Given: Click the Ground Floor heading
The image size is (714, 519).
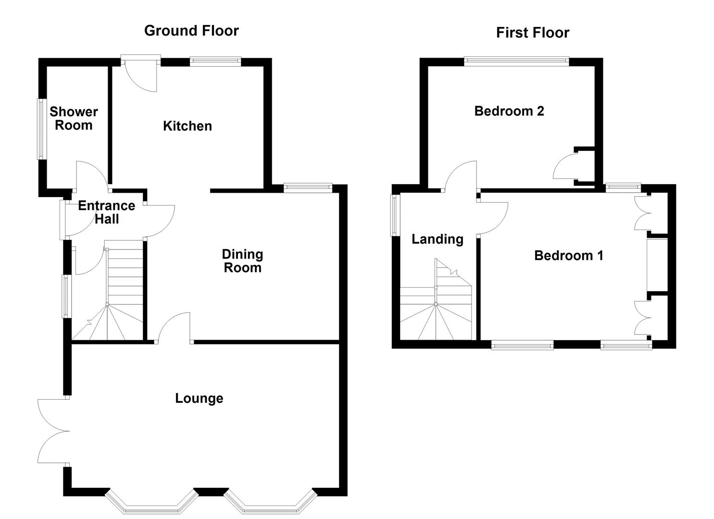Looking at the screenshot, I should [x=191, y=31].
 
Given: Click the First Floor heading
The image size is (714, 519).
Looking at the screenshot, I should [x=532, y=33].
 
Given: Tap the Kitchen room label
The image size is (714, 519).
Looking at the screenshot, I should [x=187, y=126].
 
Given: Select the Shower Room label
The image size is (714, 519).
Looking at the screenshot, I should [x=74, y=118].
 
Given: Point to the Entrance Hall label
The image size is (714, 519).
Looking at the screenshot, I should [x=106, y=212].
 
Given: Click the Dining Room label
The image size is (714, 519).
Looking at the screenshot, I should [x=242, y=261].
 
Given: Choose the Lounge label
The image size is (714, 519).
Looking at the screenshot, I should [x=199, y=398].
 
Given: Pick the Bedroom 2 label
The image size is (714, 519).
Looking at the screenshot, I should [x=509, y=111].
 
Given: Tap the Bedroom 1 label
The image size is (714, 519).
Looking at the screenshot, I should [x=568, y=255].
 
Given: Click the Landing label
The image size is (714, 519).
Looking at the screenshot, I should [x=437, y=239].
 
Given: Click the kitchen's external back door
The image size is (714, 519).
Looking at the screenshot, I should [x=141, y=72].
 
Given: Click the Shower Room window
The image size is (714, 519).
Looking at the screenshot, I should [x=41, y=129].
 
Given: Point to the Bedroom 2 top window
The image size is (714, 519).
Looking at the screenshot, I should [x=516, y=61].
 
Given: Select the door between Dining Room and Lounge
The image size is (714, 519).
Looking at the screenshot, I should [x=174, y=327].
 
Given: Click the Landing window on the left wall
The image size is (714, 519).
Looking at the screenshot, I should [x=395, y=215].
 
